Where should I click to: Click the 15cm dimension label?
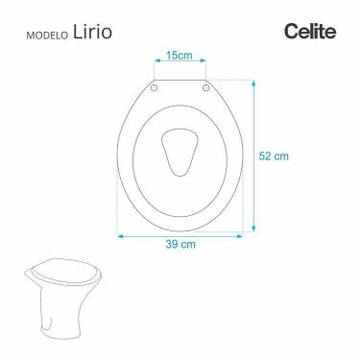180,57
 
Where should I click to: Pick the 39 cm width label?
180,244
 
